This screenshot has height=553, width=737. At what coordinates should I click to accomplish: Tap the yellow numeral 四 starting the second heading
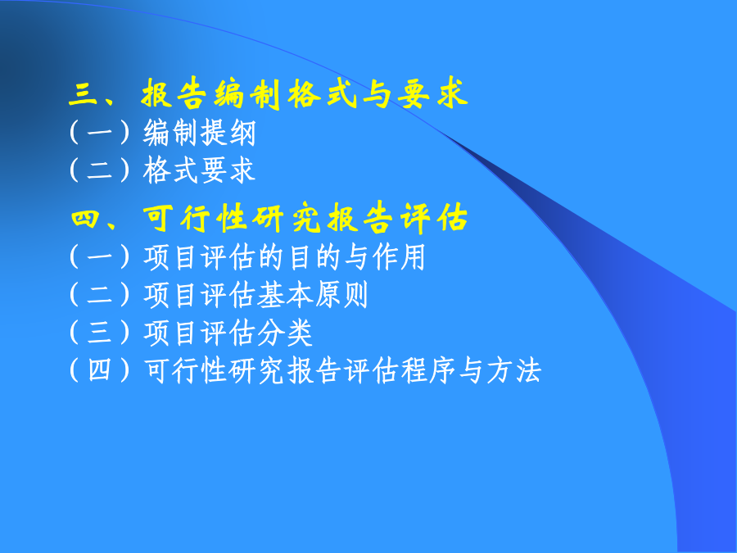(85, 219)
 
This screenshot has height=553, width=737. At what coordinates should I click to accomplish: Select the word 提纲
(228, 133)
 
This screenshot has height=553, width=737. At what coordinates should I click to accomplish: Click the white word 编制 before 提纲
(171, 133)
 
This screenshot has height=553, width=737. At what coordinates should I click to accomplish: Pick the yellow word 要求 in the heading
(432, 93)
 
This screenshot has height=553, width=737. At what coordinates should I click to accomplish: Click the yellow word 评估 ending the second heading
(434, 218)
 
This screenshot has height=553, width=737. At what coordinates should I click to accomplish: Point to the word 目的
(300, 257)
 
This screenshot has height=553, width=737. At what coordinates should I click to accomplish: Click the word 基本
(285, 295)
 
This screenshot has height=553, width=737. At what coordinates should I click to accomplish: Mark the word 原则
(341, 295)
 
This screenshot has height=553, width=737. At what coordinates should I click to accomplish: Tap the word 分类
(285, 333)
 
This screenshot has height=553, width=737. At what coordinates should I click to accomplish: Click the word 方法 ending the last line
(514, 370)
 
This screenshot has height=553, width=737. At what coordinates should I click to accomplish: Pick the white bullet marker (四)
(99, 370)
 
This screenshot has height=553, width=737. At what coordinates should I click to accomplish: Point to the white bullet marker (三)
(99, 333)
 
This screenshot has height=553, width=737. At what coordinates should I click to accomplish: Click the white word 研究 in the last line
(256, 370)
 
